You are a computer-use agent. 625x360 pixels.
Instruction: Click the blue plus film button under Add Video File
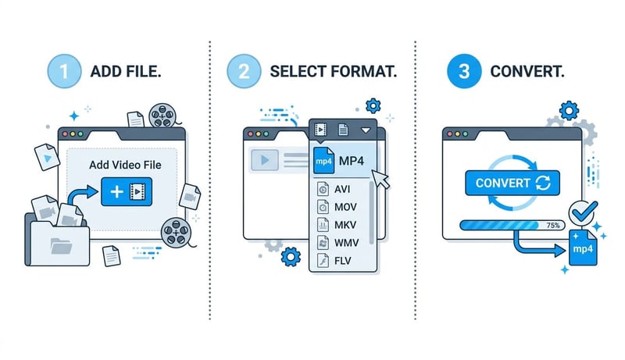click(126, 191)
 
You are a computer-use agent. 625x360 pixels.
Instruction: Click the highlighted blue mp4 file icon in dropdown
click(323, 161)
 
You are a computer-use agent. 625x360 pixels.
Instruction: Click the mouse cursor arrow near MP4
click(380, 179)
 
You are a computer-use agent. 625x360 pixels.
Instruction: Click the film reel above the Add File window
click(162, 116)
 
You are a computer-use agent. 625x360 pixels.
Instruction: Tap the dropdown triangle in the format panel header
click(365, 130)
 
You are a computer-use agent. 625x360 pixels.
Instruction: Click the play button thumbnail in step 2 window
click(265, 160)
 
